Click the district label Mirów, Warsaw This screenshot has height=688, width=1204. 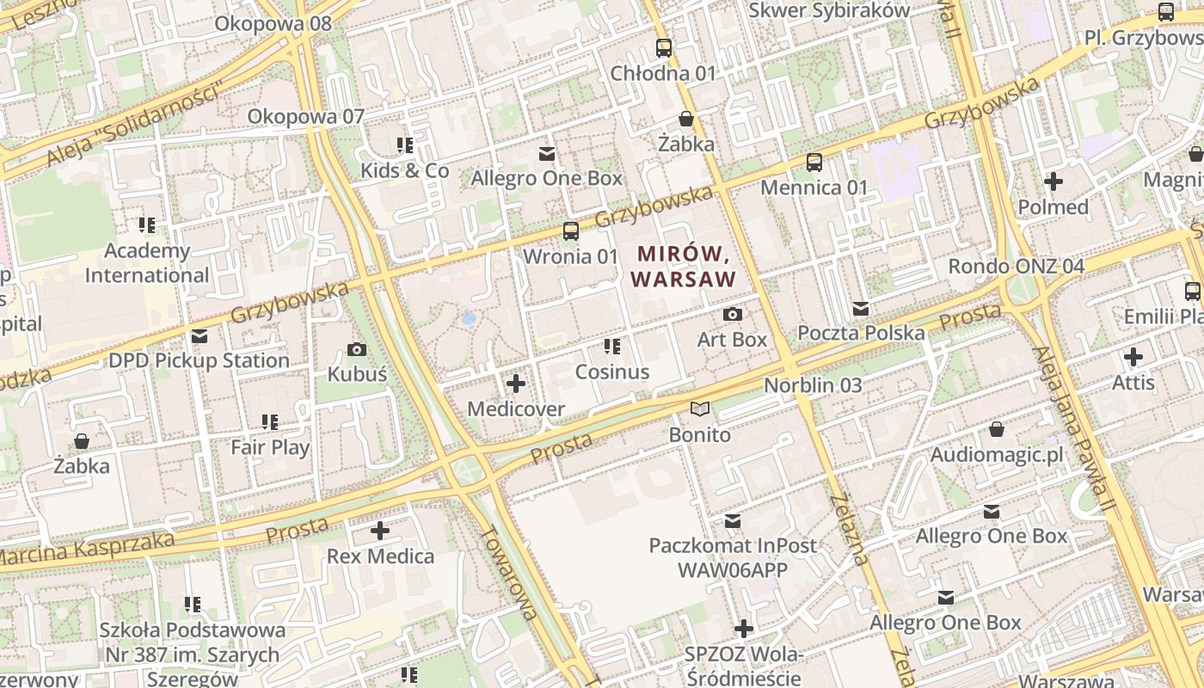coord(685,267)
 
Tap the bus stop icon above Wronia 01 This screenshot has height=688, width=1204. coord(570,230)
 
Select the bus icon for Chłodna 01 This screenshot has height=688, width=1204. coord(663,47)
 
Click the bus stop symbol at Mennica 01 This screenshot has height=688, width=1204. coord(814,162)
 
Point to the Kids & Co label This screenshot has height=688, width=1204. coord(404,170)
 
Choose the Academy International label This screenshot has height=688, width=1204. coord(147,263)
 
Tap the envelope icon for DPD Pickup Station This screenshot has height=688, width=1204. coord(200,335)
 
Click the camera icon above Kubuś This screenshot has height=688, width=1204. coord(357,349)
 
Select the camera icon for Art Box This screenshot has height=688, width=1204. coord(732,315)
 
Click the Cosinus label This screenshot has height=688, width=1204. coord(611,372)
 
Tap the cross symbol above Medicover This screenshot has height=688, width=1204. coord(516,384)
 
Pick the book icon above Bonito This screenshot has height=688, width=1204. coord(700,409)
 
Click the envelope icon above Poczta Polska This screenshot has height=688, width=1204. coord(861,309)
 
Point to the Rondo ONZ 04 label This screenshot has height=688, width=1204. coord(1016,266)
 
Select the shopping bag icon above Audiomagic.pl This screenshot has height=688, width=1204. coord(996,429)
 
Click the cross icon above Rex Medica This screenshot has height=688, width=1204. coord(380,531)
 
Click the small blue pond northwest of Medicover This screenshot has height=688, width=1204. coord(469,319)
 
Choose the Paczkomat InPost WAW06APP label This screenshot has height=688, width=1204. coord(733,557)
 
